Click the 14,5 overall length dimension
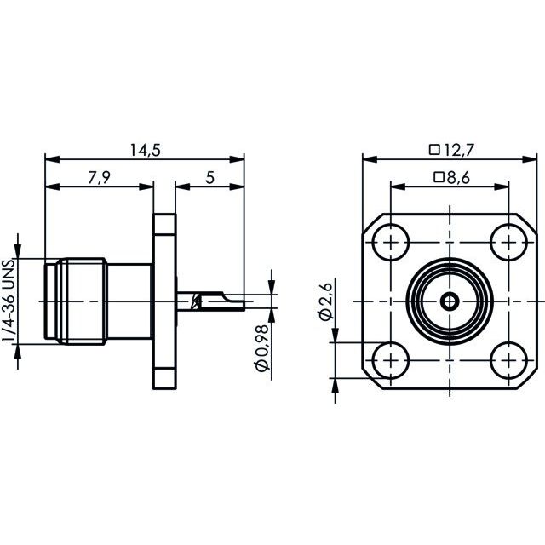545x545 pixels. click(146, 150)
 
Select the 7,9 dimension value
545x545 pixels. click(99, 178)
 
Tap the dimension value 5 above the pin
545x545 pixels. click(210, 178)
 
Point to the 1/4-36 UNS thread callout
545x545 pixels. click(9, 301)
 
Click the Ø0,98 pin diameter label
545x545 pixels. click(262, 348)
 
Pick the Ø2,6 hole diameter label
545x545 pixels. click(325, 301)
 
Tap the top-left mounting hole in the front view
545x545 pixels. click(390, 242)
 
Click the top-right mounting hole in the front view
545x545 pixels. click(508, 242)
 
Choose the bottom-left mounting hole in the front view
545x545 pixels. click(390, 360)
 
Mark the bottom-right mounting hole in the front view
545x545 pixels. click(508, 360)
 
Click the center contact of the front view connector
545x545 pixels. click(450, 301)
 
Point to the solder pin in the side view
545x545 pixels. click(210, 301)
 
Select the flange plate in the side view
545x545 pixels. click(164, 301)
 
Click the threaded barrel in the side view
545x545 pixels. click(82, 301)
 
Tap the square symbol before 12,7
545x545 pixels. click(434, 150)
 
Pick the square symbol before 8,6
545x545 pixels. click(439, 178)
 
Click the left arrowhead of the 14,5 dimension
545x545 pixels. click(52, 159)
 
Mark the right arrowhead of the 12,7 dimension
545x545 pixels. click(530, 159)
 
